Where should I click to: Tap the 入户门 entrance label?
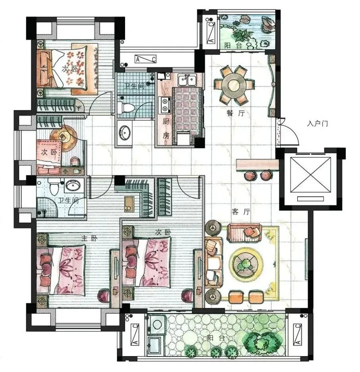(318, 123)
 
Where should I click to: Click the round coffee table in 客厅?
(246, 263)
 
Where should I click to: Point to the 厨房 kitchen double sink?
(187, 80)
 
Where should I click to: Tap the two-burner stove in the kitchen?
(165, 105)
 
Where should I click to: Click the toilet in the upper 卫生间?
(126, 108)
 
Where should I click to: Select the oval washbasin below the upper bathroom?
(125, 132)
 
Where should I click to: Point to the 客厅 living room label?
(241, 212)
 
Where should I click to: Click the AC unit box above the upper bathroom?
(145, 59)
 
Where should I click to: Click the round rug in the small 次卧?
(64, 138)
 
